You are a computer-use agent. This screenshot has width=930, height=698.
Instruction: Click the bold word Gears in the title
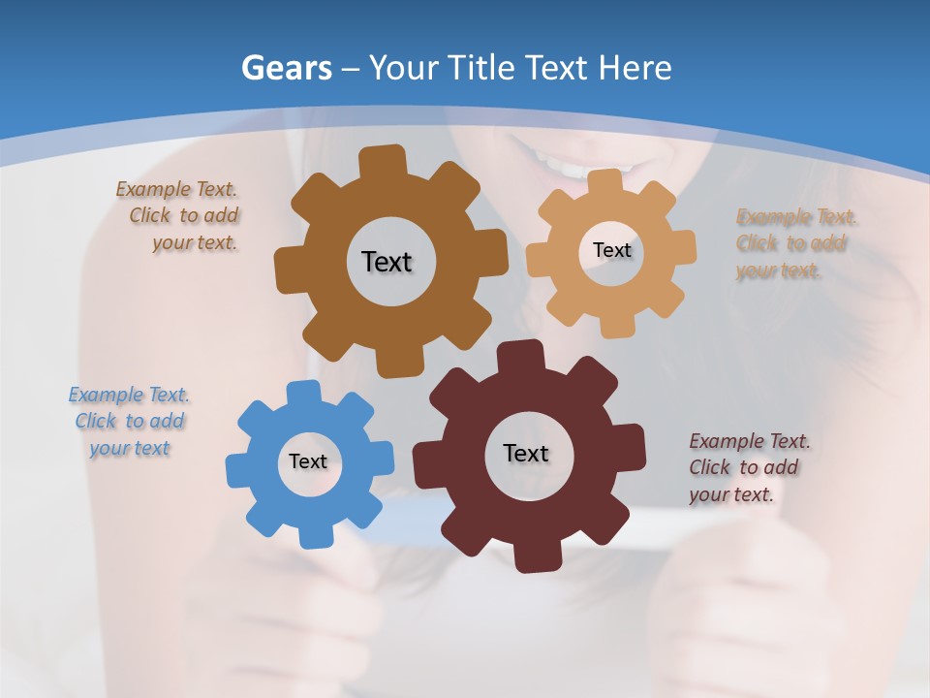point(285,68)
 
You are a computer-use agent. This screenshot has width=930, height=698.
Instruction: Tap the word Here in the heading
point(635,68)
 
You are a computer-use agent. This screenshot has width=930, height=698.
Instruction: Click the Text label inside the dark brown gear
point(387,262)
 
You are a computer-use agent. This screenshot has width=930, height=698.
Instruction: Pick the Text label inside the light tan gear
point(611,250)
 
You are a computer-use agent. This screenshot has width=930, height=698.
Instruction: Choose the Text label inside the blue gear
point(308,462)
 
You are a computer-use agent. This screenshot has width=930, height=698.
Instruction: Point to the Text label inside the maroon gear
point(526,453)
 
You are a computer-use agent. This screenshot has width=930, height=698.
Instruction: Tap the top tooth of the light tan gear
point(605,183)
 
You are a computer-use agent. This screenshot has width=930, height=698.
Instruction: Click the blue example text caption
point(130,422)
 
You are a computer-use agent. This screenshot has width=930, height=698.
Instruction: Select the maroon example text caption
point(748,467)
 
